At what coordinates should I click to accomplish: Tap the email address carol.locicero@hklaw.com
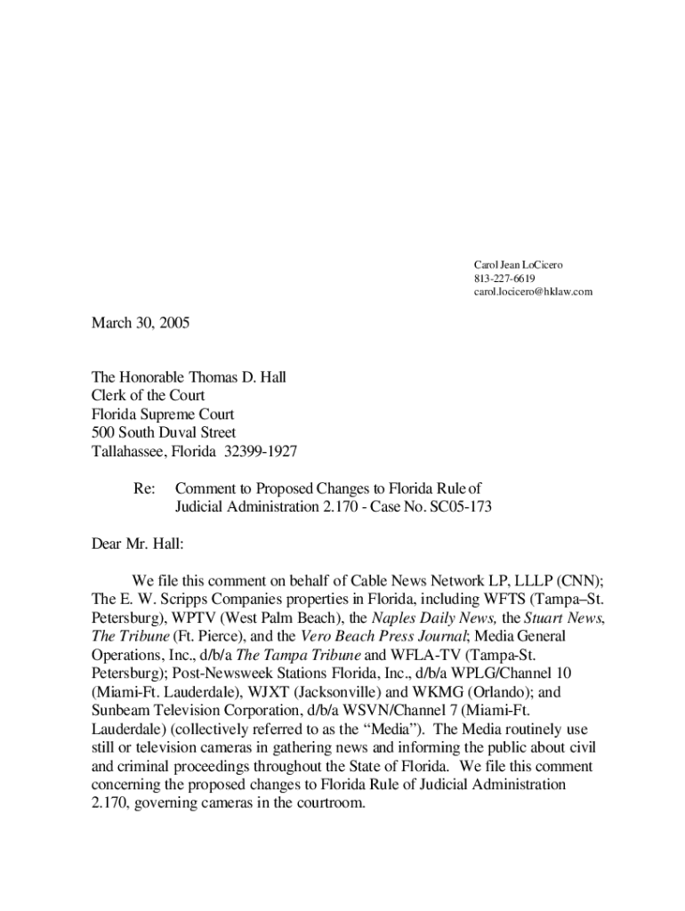pos(532,292)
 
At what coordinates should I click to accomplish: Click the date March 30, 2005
pos(141,324)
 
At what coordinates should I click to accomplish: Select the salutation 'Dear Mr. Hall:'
pos(138,543)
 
